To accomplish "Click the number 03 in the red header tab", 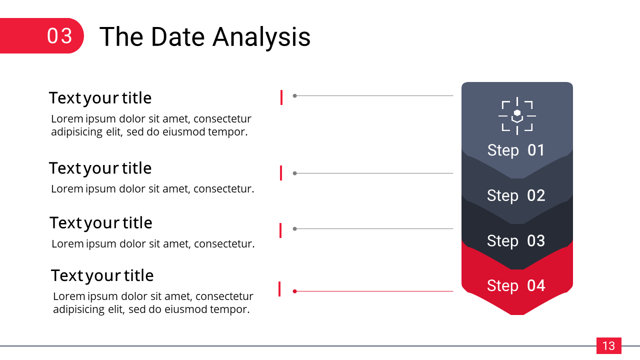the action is (x=59, y=36).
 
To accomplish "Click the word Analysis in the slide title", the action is (x=261, y=37).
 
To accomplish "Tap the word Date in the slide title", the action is (x=178, y=37).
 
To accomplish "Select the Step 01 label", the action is (x=515, y=150).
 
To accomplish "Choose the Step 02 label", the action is (x=516, y=195).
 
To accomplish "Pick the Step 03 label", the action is (x=516, y=241).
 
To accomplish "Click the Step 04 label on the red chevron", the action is (x=516, y=285).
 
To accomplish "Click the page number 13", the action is (x=608, y=346).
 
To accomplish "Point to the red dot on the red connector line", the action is (x=294, y=291).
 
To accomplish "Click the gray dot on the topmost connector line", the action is (x=294, y=95).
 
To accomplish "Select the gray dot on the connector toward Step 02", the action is (x=294, y=173).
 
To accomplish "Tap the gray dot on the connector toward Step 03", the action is (x=294, y=228).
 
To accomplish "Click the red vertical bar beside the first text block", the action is (x=281, y=97).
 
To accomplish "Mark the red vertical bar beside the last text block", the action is (x=279, y=289).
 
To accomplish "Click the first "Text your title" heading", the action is (x=100, y=98).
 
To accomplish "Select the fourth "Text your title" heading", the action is (x=102, y=275).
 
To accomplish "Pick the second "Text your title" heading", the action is (x=100, y=168).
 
